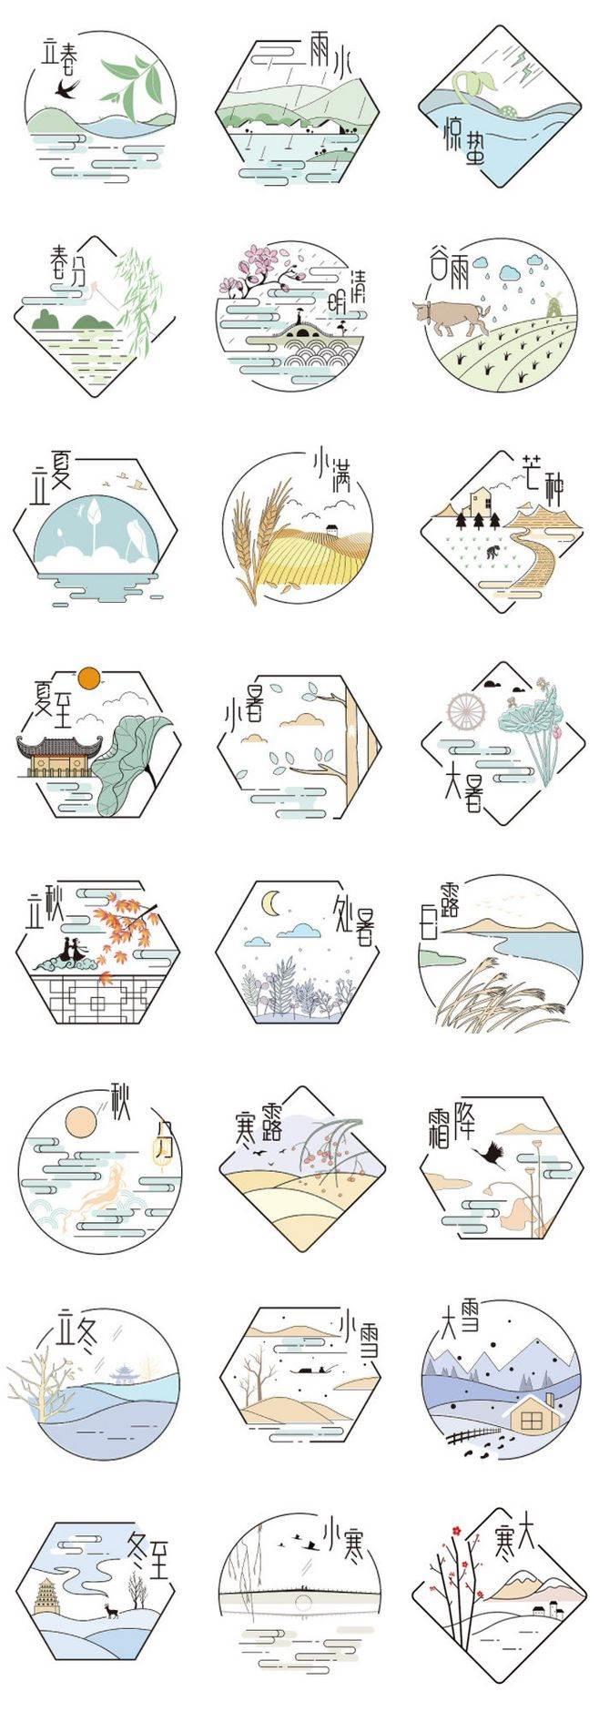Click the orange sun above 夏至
click(88, 678)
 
